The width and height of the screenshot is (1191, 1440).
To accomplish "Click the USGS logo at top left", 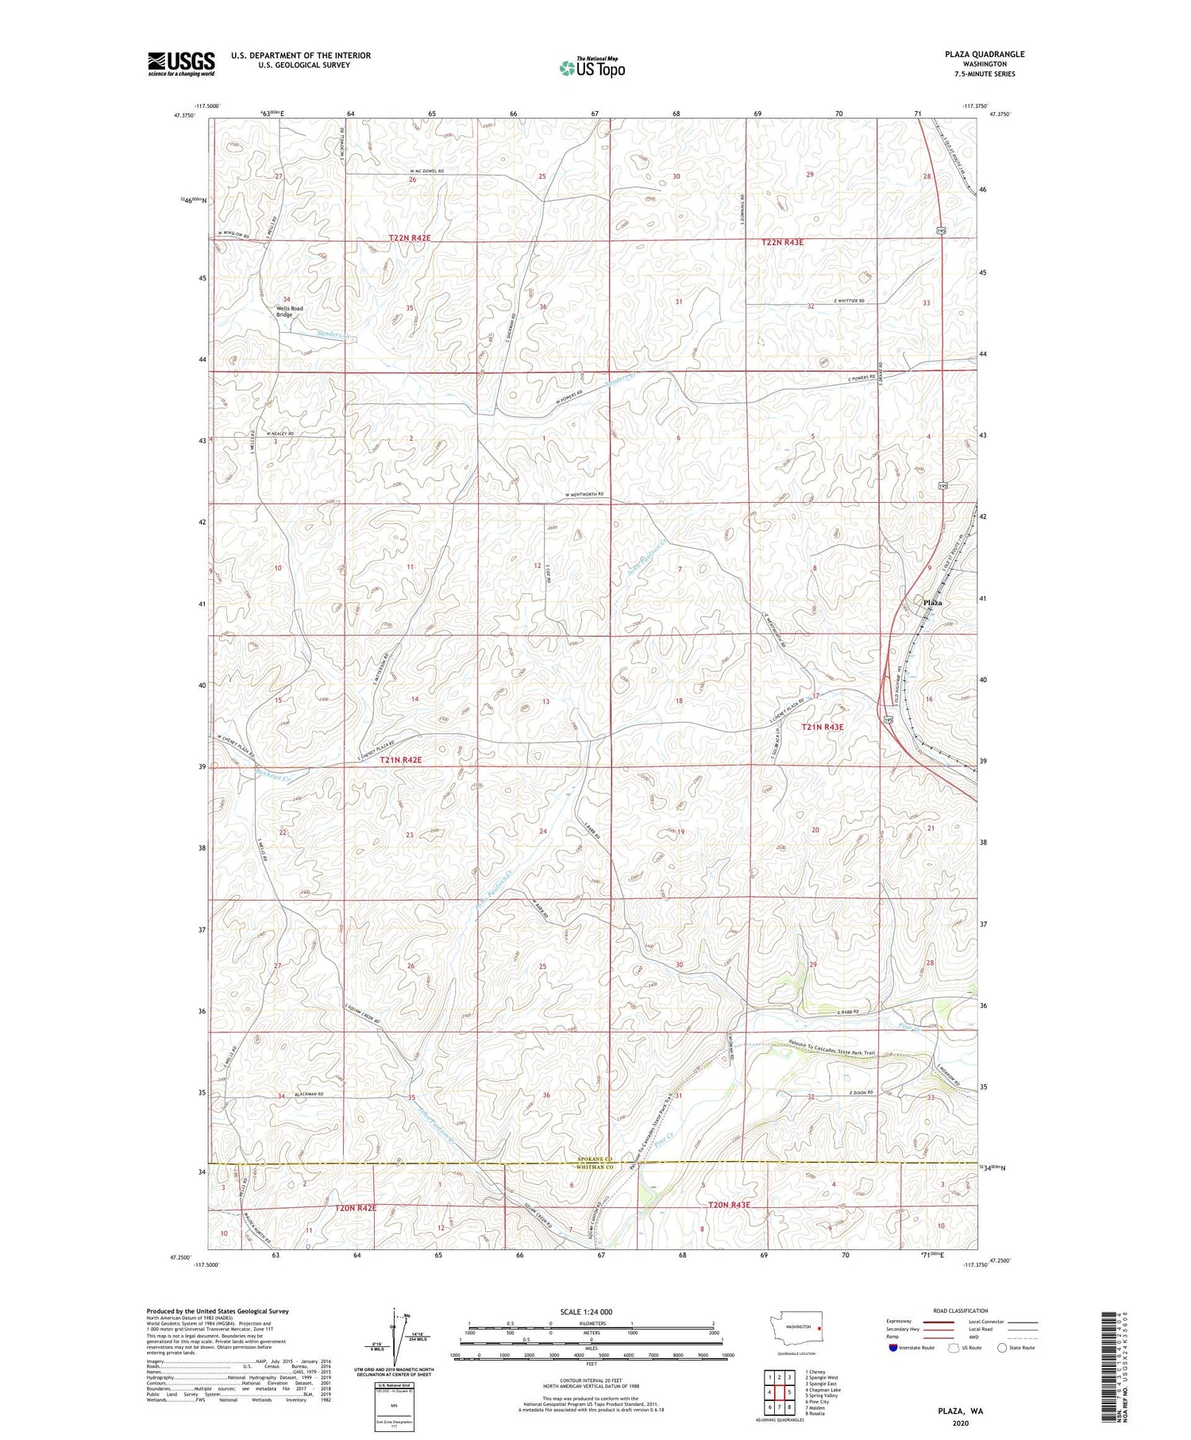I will click(181, 64).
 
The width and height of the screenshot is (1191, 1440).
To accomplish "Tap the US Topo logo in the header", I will click(592, 68).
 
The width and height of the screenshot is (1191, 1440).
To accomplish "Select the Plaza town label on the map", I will click(932, 603).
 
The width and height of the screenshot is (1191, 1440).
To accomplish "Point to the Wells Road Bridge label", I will click(290, 311).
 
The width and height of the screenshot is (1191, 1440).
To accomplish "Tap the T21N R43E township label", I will click(823, 727).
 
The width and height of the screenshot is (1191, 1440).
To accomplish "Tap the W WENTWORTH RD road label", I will click(585, 495).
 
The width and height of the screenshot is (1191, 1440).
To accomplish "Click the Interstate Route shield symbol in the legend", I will click(892, 1347).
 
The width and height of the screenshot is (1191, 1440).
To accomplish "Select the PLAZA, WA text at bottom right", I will click(960, 1411).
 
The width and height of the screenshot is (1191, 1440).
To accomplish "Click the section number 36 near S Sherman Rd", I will click(543, 307).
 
